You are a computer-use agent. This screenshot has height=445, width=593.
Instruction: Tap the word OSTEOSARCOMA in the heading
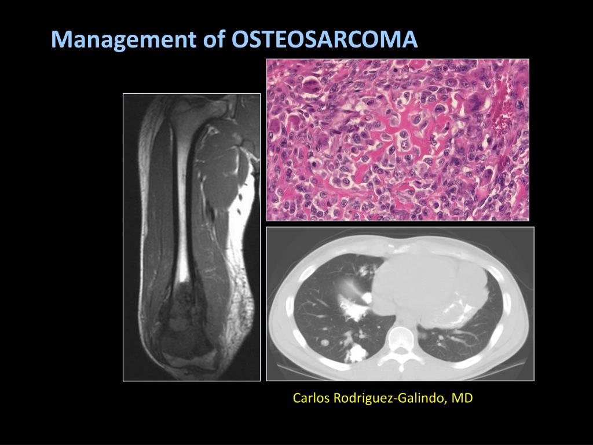coord(324,39)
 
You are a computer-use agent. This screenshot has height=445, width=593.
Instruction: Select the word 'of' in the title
coord(214,39)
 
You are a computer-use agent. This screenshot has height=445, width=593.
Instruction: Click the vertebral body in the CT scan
coord(400,336)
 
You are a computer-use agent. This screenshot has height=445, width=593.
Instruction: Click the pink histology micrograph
coord(398,140)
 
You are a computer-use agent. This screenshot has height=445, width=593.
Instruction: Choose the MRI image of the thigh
coord(192,237)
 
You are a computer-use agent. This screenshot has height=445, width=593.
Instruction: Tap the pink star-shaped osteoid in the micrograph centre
coord(400,133)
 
